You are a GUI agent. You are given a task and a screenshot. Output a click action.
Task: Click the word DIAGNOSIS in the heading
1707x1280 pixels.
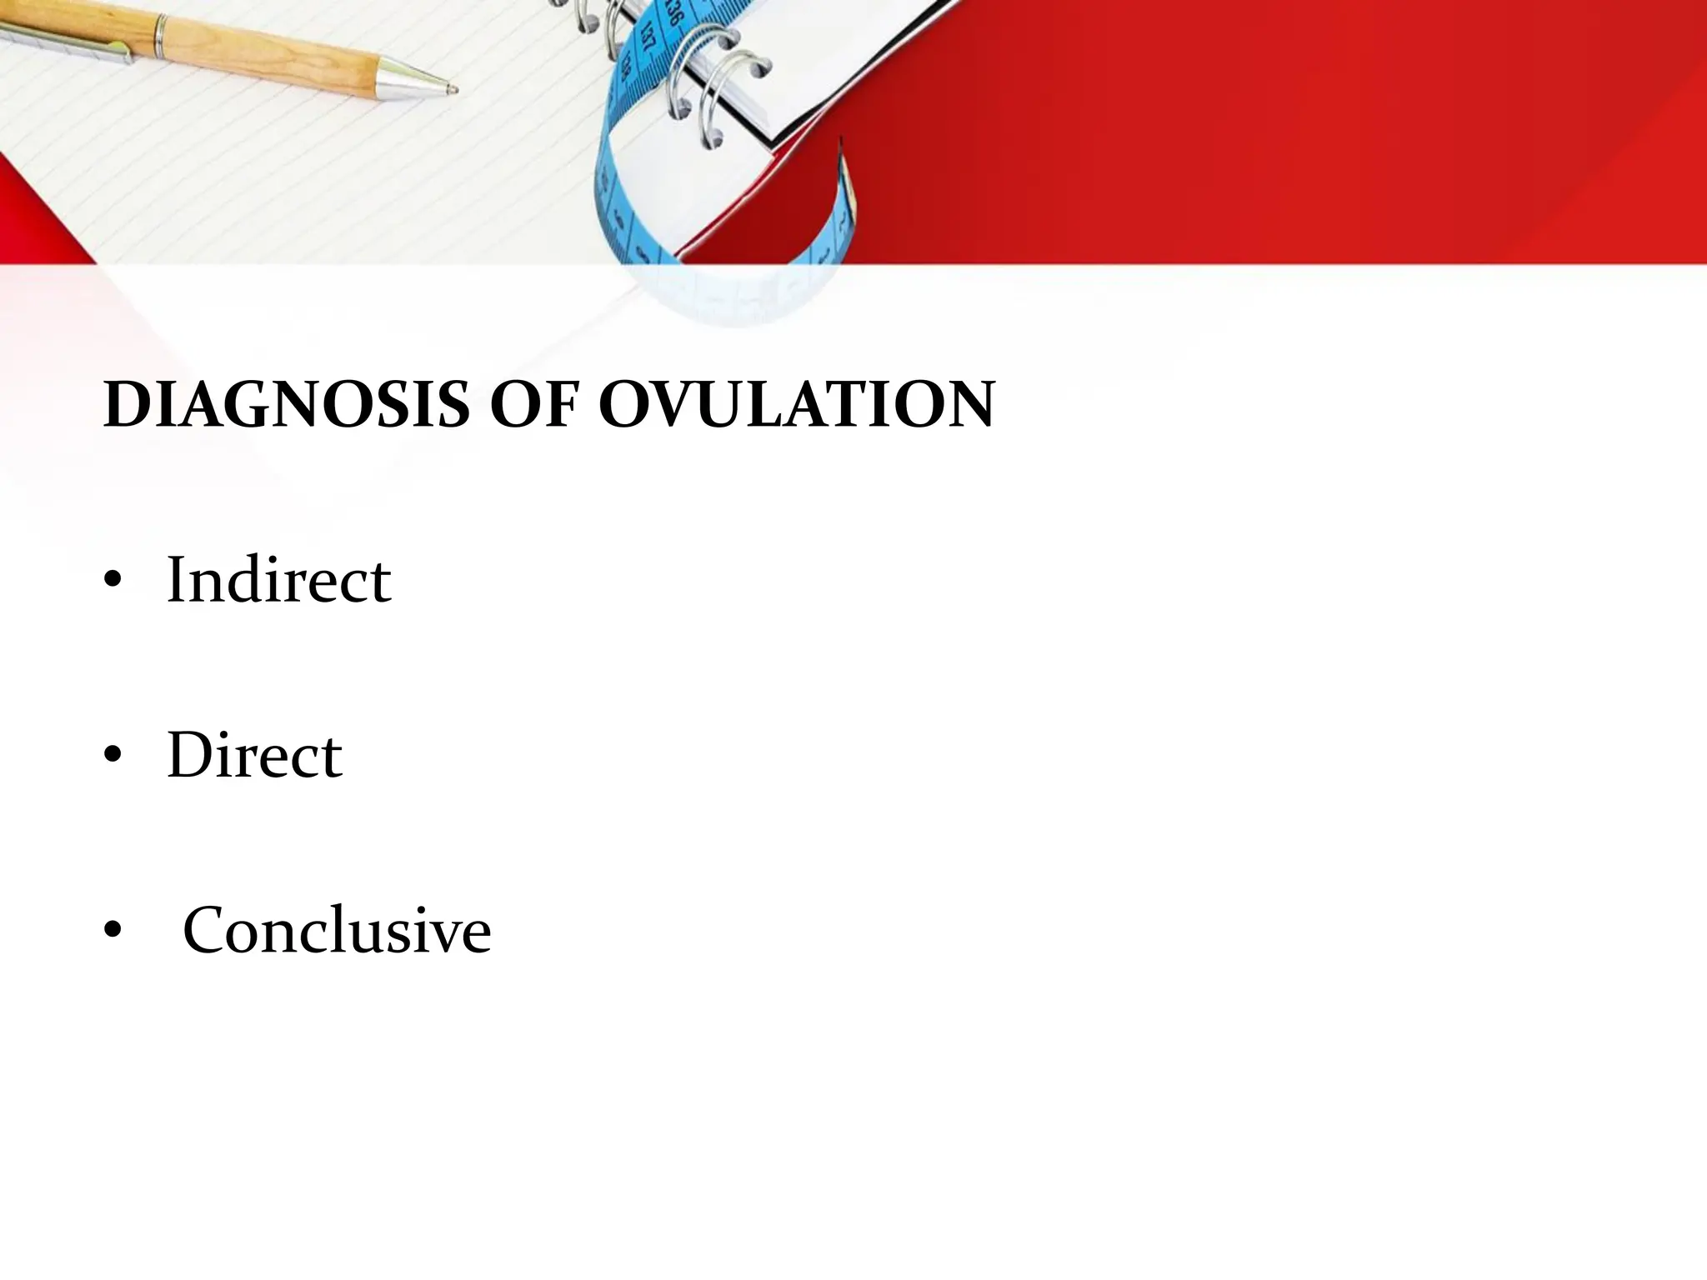click(286, 405)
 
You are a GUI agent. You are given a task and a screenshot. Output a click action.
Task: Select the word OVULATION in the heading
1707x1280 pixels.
click(796, 405)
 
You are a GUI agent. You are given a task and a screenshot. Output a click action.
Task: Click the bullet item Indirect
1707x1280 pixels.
click(278, 580)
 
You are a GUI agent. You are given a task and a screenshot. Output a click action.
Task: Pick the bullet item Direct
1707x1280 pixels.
click(254, 755)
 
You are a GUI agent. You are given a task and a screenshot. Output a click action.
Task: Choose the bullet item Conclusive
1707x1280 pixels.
click(337, 930)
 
